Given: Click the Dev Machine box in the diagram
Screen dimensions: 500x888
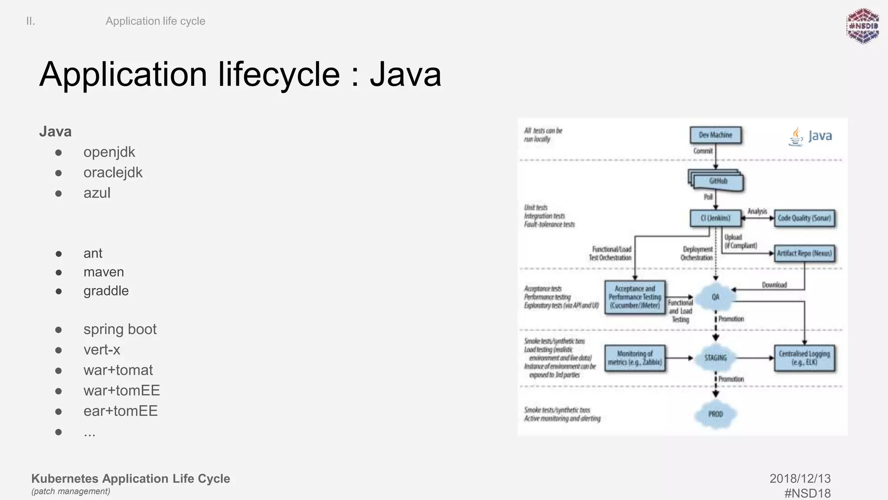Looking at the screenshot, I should click(x=715, y=135).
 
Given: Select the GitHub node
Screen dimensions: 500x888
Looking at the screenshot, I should click(x=718, y=181).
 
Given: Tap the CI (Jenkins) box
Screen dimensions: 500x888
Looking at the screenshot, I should click(x=715, y=218).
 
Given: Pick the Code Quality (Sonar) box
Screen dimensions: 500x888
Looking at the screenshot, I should click(x=804, y=218).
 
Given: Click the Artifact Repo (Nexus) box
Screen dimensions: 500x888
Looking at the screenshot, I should click(x=804, y=253).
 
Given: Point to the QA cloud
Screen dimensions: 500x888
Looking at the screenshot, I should click(x=715, y=297).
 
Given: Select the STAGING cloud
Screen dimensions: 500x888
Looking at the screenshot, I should click(x=715, y=358).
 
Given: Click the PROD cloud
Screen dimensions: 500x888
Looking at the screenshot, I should click(x=715, y=414).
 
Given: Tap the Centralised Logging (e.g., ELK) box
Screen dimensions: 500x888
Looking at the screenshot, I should click(x=804, y=358).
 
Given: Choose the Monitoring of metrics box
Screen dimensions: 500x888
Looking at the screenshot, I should click(x=635, y=358).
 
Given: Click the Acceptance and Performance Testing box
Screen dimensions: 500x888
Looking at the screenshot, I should click(x=635, y=297).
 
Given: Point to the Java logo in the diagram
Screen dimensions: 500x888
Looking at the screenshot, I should click(x=810, y=136).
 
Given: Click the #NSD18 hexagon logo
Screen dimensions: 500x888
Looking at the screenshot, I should click(x=863, y=26).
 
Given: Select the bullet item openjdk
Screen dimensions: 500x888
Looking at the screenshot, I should click(x=109, y=152).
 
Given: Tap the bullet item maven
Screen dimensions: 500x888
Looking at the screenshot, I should click(x=104, y=272).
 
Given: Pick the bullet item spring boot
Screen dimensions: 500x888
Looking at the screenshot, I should click(x=120, y=329).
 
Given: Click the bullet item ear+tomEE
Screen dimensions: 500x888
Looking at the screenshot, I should click(x=121, y=411).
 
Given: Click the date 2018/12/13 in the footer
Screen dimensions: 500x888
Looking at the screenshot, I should click(x=800, y=479).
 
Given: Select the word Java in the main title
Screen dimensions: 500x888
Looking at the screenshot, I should click(x=405, y=75).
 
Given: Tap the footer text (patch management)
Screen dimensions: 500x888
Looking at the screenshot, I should click(x=71, y=491).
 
